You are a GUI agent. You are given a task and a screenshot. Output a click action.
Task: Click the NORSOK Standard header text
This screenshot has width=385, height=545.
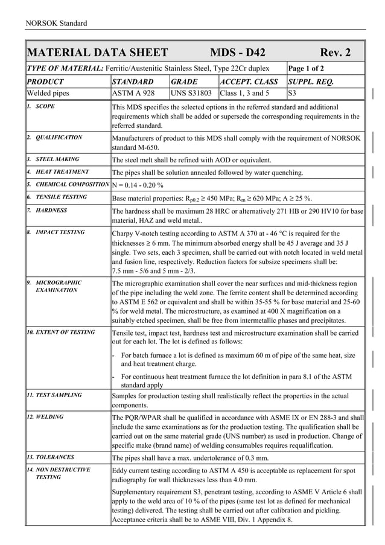click(x=56, y=24)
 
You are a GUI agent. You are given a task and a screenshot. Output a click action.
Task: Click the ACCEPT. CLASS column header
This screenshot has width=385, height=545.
click(x=249, y=81)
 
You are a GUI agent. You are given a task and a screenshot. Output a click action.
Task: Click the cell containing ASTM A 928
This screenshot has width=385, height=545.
click(x=133, y=94)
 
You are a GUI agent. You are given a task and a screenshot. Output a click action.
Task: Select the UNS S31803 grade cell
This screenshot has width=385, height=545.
click(x=191, y=94)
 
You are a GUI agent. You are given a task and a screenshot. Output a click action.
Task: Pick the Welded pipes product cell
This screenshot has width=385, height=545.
click(x=48, y=94)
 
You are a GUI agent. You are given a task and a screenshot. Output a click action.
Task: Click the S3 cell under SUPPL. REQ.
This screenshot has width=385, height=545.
click(x=293, y=94)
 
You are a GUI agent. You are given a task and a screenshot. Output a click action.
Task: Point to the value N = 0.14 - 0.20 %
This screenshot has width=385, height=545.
click(x=138, y=184)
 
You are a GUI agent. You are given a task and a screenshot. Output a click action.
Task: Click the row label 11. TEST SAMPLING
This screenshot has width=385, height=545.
click(x=54, y=395)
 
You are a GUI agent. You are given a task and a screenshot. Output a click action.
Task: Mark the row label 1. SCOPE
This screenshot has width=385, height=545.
click(x=40, y=106)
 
